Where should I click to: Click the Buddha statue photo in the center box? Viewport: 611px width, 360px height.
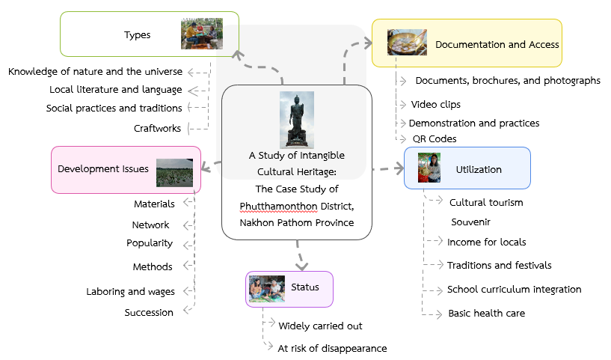click(297, 120)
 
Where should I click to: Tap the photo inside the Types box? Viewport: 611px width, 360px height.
click(202, 34)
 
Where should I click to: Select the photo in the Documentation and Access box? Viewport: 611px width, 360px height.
click(407, 43)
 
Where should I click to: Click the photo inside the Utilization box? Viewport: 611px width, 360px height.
click(429, 168)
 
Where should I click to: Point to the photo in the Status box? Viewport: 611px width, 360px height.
click(266, 288)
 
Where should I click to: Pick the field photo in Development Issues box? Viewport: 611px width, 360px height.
click(175, 172)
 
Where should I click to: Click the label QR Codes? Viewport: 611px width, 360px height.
click(435, 138)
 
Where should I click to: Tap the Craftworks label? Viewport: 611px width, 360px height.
click(157, 128)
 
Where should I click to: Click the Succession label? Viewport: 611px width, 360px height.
click(149, 312)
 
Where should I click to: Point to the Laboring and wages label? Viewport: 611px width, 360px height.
click(130, 291)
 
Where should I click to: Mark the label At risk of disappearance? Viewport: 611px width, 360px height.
click(332, 348)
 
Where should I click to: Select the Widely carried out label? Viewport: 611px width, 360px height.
click(320, 326)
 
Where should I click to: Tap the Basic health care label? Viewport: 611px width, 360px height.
click(486, 313)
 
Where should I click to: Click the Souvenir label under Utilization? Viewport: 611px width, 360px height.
click(470, 222)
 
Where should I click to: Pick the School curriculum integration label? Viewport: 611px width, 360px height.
click(514, 289)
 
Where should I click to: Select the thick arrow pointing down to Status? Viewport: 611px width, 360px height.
click(301, 256)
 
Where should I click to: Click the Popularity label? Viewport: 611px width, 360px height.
click(150, 242)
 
